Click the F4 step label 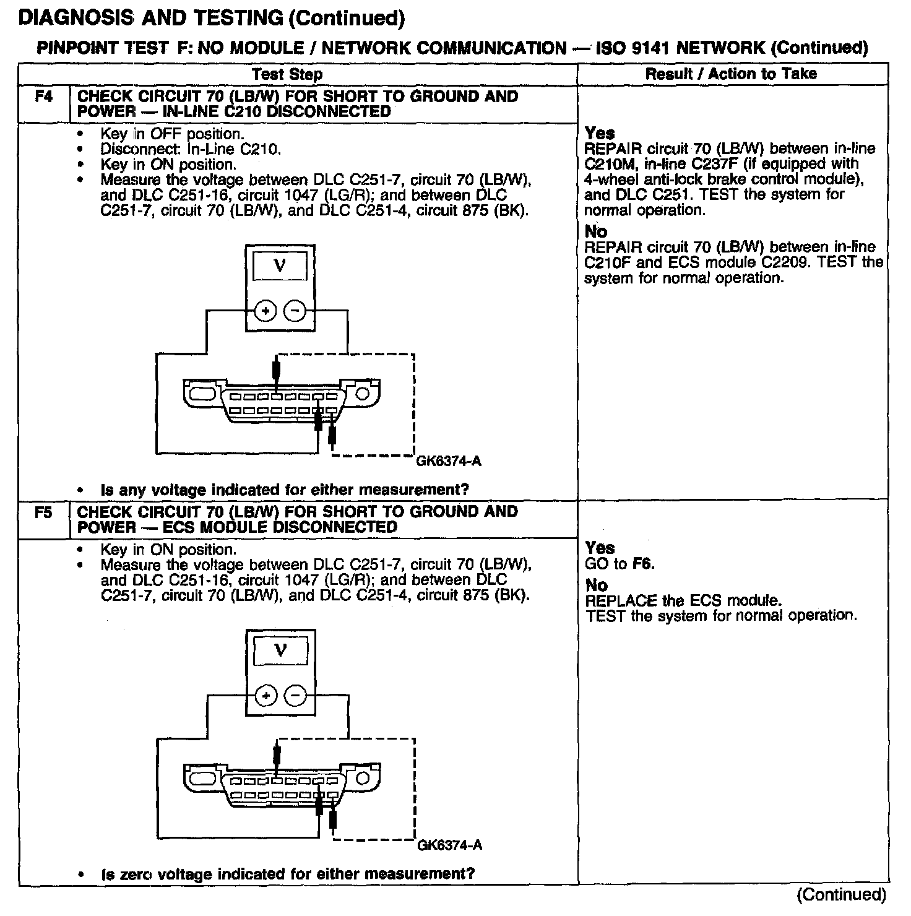pos(44,97)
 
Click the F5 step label pos(44,512)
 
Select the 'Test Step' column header pos(287,74)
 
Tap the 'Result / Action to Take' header pos(731,74)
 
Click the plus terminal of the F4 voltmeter pos(266,311)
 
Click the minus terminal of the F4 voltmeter pos(295,311)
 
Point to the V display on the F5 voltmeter pos(280,651)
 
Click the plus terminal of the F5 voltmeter pos(266,696)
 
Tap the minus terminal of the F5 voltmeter pos(295,696)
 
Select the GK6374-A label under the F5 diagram pos(450,845)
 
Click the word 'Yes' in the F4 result pos(600,133)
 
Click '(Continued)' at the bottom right pos(841,894)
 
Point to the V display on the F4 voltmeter pos(280,266)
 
